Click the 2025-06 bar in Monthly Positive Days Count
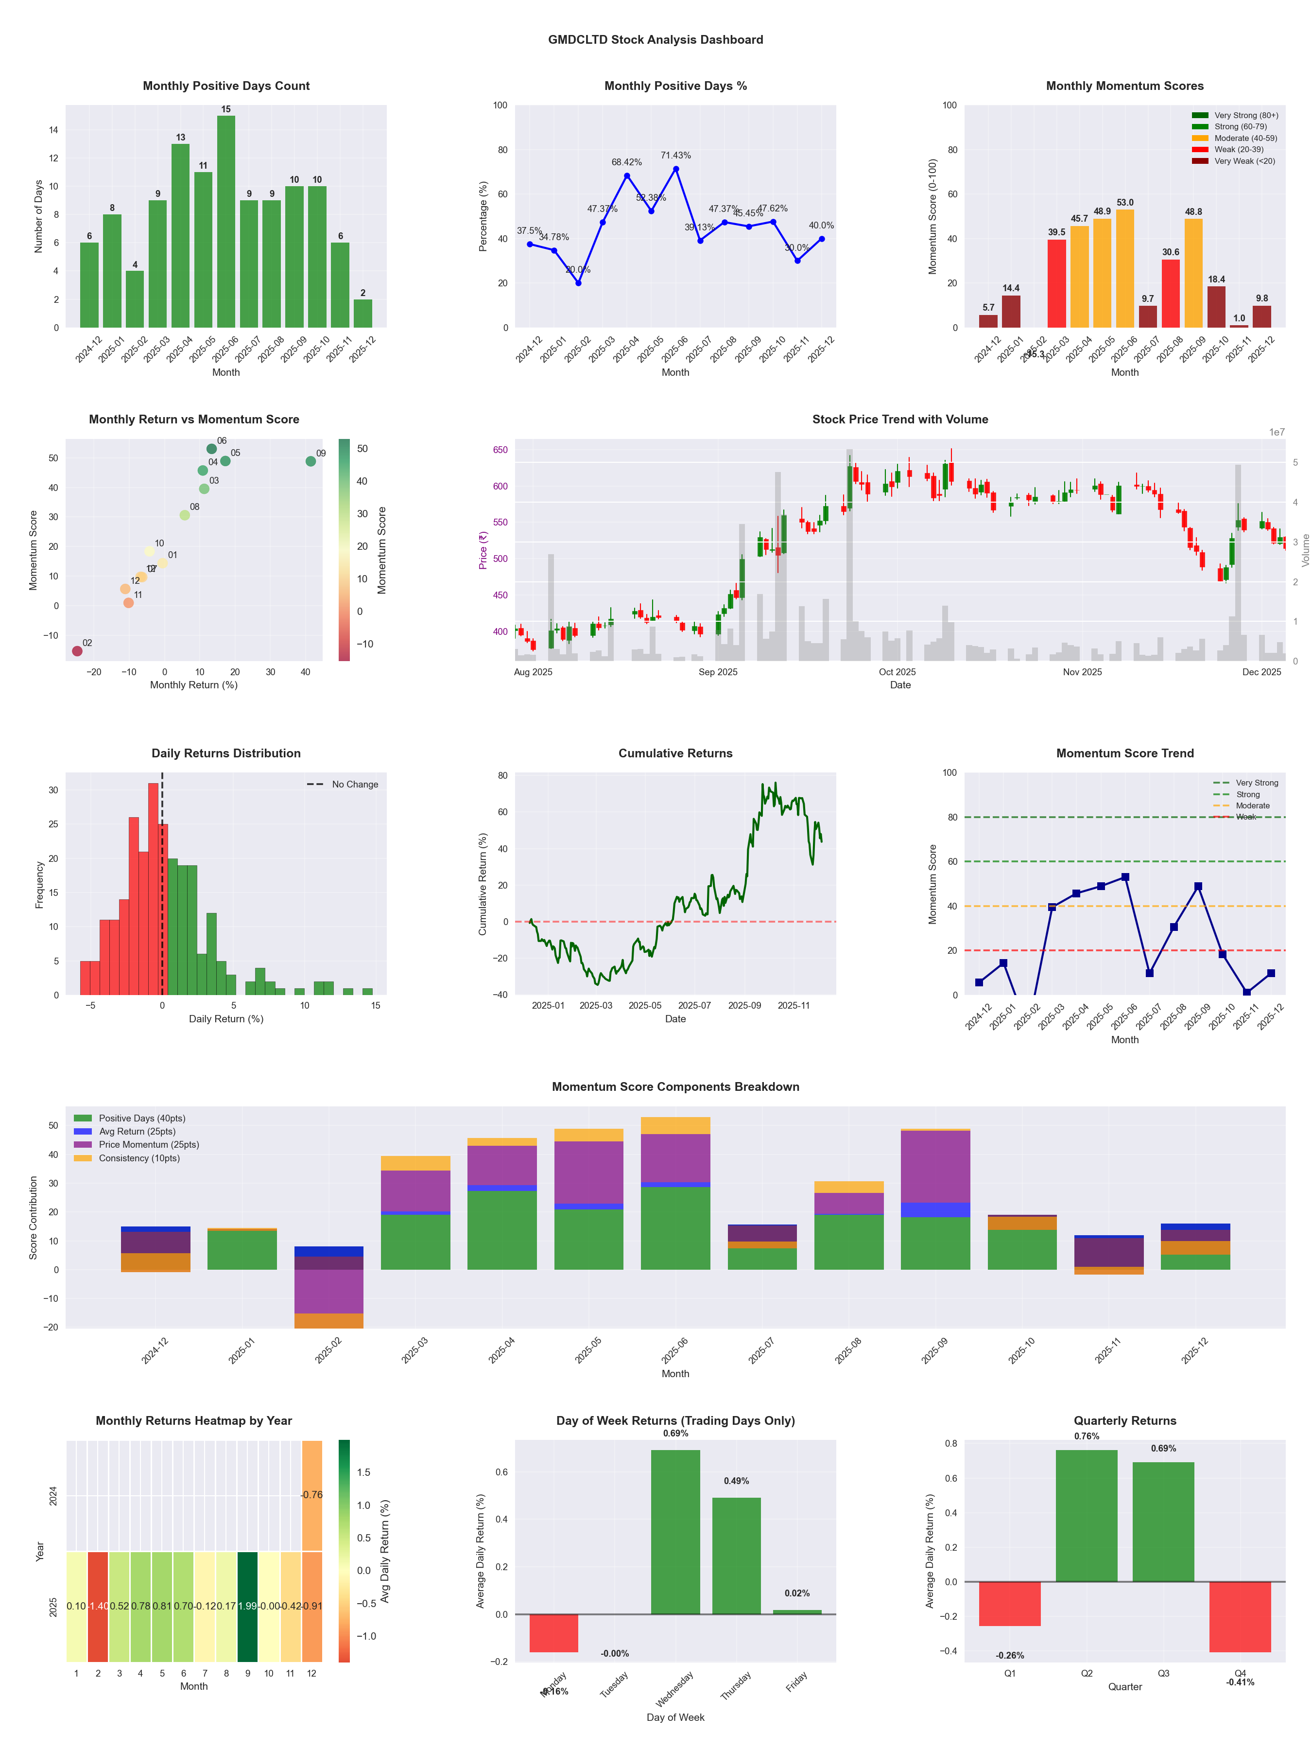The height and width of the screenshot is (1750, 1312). tap(226, 222)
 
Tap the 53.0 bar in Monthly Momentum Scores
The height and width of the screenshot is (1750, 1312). tap(1124, 268)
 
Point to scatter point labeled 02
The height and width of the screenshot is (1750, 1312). tap(77, 651)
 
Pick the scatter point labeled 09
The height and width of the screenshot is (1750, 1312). tap(311, 461)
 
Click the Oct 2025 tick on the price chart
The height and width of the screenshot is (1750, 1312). tap(897, 672)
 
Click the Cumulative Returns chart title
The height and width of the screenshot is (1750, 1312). tap(675, 753)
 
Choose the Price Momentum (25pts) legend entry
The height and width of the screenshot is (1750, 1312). tap(149, 1145)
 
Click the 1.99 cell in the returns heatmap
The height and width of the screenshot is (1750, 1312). tap(247, 1606)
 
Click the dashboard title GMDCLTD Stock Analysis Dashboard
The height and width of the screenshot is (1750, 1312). tap(656, 39)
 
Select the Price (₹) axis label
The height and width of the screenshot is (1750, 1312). tap(483, 550)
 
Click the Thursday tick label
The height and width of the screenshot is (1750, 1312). tap(736, 1685)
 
